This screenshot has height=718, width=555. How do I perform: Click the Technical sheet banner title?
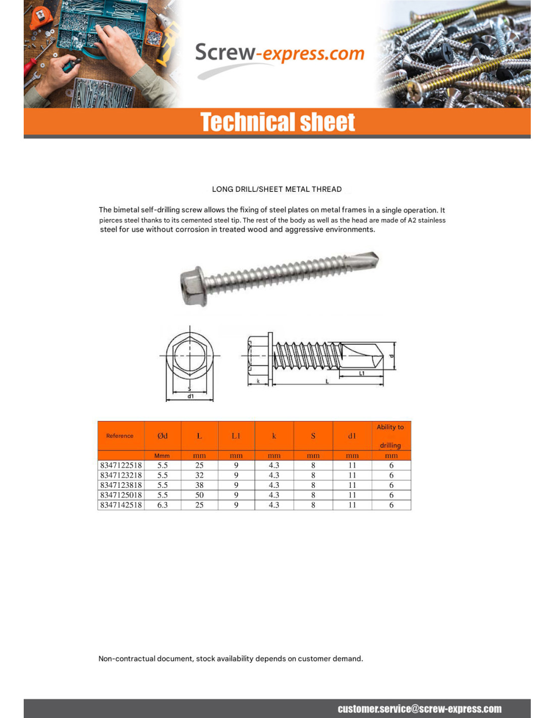(x=277, y=122)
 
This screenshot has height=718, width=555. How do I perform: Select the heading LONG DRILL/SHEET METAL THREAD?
(x=276, y=189)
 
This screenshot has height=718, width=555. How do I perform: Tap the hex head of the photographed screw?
(x=193, y=286)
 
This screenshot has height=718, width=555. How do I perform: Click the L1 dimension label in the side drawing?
(x=362, y=374)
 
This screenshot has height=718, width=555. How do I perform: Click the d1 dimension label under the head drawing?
(x=190, y=397)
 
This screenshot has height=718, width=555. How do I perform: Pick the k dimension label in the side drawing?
(x=258, y=381)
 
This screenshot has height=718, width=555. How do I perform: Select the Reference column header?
(x=120, y=436)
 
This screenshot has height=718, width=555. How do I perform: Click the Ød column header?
(x=162, y=436)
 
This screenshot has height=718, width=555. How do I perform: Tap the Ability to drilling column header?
(x=391, y=436)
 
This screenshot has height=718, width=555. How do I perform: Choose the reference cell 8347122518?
(x=121, y=465)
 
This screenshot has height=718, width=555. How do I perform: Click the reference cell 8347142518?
(x=121, y=505)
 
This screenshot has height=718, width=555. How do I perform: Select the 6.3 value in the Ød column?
(x=162, y=505)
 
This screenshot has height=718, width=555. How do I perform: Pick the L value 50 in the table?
(x=199, y=495)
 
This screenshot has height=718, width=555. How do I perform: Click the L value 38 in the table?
(x=199, y=485)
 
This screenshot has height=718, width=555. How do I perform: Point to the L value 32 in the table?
(x=199, y=475)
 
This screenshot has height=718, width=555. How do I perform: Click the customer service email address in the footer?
(x=419, y=709)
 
